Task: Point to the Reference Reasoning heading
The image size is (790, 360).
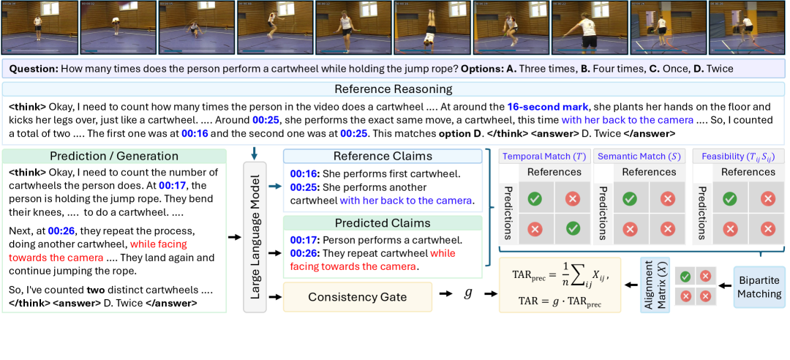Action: point(394,89)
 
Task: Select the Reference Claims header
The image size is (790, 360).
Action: point(383,157)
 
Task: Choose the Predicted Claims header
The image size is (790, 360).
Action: point(383,222)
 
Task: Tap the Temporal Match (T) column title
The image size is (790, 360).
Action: point(542,157)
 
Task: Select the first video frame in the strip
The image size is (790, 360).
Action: point(39,28)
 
